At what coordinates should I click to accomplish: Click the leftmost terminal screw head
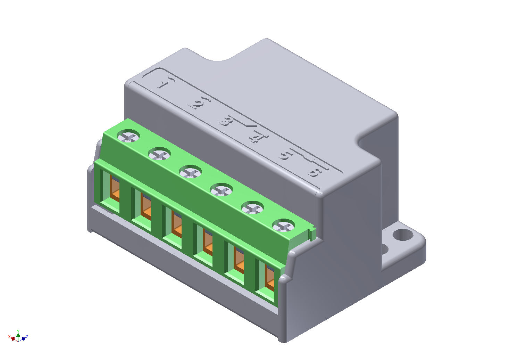click(x=128, y=136)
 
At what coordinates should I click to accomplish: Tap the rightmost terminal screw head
click(x=284, y=226)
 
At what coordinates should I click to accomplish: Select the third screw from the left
click(x=190, y=172)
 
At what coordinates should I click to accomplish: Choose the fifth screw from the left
click(x=252, y=208)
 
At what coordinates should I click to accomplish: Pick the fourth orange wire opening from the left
click(x=208, y=242)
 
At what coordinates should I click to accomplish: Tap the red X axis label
click(x=9, y=336)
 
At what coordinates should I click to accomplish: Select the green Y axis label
click(x=18, y=331)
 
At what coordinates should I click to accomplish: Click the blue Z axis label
click(x=27, y=336)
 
